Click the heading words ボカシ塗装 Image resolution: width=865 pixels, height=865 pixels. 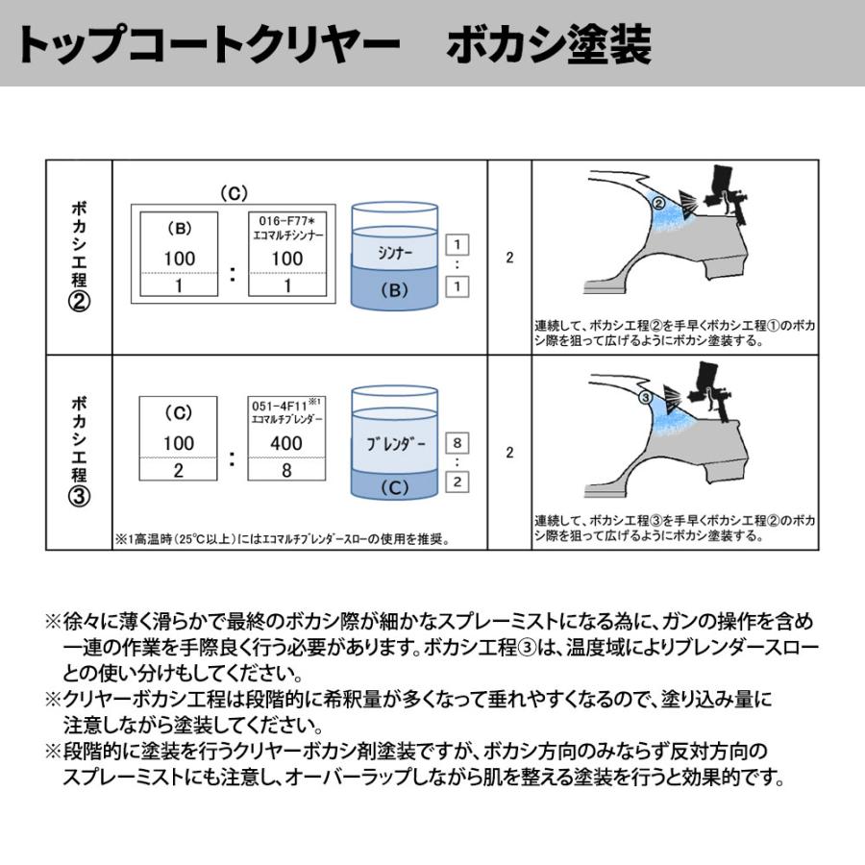(x=549, y=45)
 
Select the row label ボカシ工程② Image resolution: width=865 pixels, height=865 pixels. (x=81, y=259)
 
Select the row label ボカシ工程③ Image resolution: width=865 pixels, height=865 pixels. (x=81, y=452)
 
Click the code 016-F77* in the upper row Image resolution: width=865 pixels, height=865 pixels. (x=287, y=222)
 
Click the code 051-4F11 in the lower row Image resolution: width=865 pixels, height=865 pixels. (x=283, y=406)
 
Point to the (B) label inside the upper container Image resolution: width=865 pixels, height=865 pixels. (x=395, y=289)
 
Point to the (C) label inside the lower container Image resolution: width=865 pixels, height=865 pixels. (x=395, y=486)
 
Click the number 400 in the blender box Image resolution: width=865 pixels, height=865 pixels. (x=286, y=444)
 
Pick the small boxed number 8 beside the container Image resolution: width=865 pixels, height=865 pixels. (x=458, y=443)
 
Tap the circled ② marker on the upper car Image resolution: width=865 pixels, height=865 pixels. (x=658, y=203)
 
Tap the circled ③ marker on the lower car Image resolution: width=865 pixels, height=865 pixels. (x=646, y=397)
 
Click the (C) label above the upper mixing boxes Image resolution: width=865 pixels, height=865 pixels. (x=234, y=193)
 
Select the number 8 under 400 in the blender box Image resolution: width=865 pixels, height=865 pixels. (x=286, y=471)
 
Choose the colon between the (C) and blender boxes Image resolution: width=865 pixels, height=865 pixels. (x=232, y=458)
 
